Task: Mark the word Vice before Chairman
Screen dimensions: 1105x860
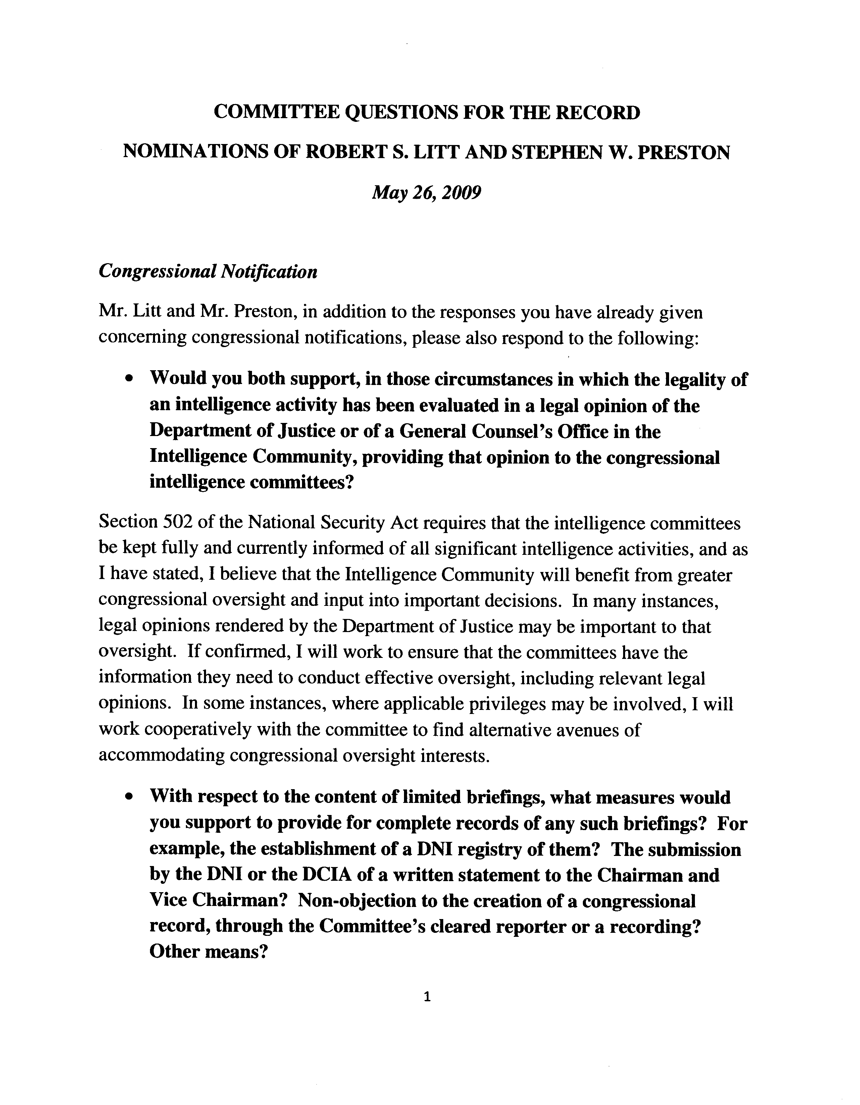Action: click(171, 901)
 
